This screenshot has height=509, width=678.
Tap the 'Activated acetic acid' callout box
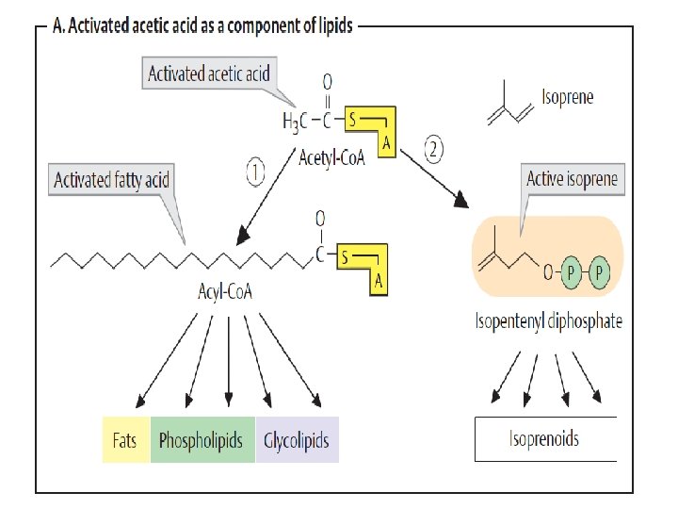(208, 74)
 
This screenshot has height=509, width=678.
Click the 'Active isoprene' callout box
(573, 179)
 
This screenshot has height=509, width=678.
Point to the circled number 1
(257, 171)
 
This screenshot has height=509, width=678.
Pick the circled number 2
(433, 148)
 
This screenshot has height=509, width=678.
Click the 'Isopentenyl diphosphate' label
(548, 321)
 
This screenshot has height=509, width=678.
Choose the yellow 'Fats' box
(124, 440)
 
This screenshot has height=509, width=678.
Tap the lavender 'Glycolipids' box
(297, 440)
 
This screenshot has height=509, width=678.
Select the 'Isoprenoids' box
(544, 438)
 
